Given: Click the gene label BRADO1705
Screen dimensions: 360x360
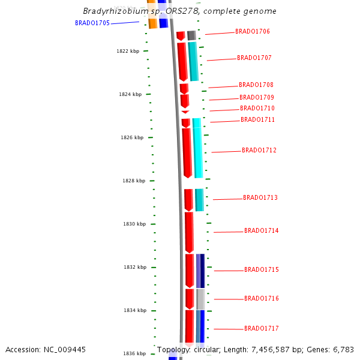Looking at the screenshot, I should point(92,23).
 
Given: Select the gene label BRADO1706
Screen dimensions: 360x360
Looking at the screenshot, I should point(253,31).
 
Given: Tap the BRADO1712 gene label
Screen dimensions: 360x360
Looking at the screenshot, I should point(259,150).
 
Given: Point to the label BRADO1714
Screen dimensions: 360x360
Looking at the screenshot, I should point(262,230).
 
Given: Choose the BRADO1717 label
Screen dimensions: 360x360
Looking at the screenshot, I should point(262,328).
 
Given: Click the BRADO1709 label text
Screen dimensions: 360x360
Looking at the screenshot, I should point(257,97).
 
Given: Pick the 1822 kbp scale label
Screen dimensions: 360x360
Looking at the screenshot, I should point(128,51).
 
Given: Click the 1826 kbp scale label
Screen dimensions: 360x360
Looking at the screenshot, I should point(132,137).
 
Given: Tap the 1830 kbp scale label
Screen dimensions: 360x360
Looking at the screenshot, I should point(134,224).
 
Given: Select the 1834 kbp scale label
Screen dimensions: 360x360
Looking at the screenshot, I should point(135,310).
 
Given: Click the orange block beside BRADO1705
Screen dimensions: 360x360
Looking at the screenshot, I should point(152,23).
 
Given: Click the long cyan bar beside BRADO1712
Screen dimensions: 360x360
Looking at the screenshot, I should point(197,147).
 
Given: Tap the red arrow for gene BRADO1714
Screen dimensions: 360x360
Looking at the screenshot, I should point(189,232).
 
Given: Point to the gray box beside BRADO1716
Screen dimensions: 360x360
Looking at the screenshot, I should point(201,299).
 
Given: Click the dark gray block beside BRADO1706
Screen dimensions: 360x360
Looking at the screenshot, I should point(191,35).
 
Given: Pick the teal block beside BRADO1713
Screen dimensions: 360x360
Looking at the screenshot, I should point(199,199).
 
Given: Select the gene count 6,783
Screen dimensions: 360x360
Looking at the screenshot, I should point(342,349).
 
